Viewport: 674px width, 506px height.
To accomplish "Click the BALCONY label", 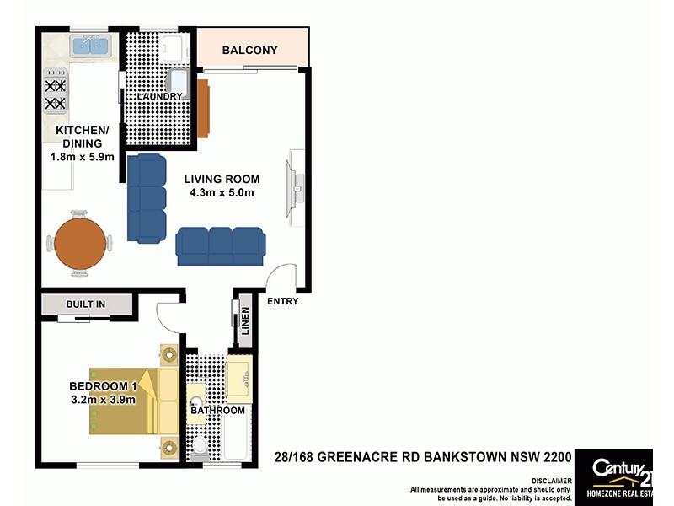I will coord(249,51).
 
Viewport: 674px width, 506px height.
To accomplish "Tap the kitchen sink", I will coord(89,44).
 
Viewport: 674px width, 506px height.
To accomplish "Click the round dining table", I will coord(79,244).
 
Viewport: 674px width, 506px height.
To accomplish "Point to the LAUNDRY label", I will coord(159,97).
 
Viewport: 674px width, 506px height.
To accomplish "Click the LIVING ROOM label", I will coord(223,179).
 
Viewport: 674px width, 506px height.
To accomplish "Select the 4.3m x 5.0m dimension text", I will coord(222,193).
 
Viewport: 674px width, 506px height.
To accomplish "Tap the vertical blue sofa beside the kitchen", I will coord(147,198).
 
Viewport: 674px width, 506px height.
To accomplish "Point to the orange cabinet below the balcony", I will coord(203,107).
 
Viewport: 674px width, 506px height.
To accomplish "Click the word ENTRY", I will coord(281,302).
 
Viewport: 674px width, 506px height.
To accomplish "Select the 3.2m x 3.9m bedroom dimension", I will coord(102,401).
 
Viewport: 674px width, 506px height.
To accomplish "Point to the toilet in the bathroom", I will coord(200,447).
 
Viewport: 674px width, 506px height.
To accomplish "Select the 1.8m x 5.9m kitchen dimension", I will coord(81,157).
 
